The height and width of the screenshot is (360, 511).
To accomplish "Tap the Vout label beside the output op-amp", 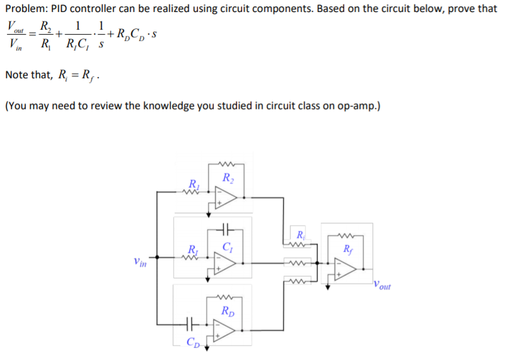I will coord(382,286).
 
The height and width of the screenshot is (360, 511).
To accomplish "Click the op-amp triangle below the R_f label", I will coord(347,269).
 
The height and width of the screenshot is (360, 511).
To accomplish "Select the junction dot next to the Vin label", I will coord(159,257).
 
